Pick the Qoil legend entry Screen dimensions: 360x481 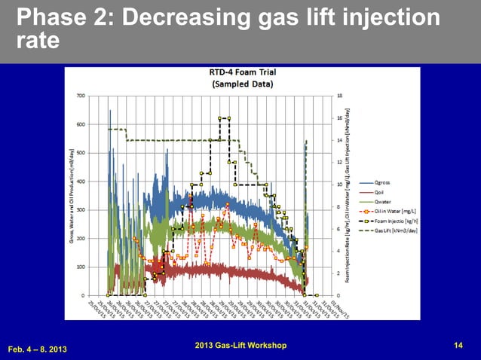381,192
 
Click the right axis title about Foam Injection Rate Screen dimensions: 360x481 348,196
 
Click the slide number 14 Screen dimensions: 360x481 458,345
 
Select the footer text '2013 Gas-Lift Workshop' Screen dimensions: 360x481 240,345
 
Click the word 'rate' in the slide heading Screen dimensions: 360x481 38,41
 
